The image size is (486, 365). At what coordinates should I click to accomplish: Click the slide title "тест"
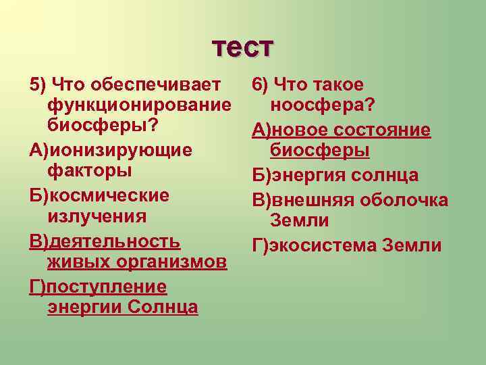tap(243, 47)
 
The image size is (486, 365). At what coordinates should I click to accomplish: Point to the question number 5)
tap(38, 85)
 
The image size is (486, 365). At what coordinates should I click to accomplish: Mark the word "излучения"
tap(97, 216)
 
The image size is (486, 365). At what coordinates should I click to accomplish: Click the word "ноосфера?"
tap(323, 106)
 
